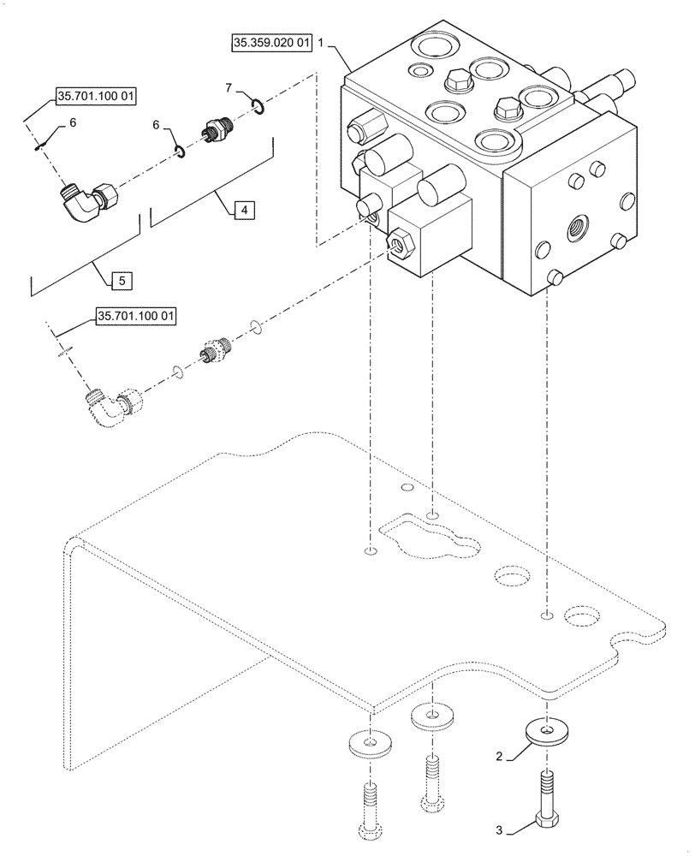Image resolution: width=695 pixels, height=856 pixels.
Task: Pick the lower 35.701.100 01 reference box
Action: click(136, 317)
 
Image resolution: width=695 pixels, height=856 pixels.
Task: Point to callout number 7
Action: click(229, 87)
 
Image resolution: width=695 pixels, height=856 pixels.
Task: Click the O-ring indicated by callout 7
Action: click(256, 106)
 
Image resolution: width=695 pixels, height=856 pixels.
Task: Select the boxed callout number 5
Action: click(122, 279)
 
